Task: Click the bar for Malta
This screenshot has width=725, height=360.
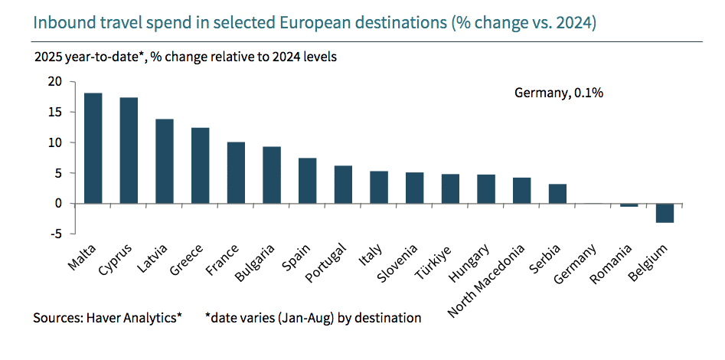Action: tap(93, 148)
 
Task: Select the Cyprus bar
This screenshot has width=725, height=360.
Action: tap(129, 150)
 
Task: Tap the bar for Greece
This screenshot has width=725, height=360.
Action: tap(200, 165)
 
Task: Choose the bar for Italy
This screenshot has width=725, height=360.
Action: tap(379, 187)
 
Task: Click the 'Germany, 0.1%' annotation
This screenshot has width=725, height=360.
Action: tap(559, 93)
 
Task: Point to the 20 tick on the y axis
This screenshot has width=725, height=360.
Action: tap(54, 82)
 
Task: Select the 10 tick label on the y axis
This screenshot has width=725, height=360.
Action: tap(54, 142)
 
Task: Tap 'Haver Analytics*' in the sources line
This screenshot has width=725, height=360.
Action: tap(136, 317)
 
